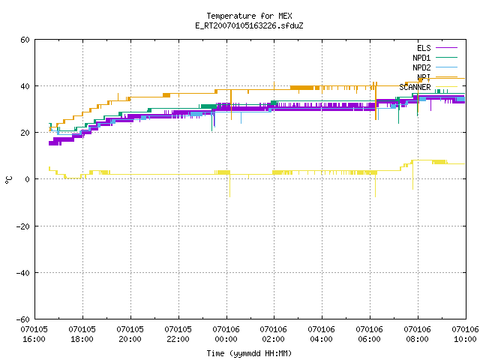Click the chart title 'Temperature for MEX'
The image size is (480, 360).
[249, 16]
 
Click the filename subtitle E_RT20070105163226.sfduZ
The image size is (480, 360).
[249, 25]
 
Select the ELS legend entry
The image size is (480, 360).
[436, 48]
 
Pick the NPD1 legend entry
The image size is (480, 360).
[435, 58]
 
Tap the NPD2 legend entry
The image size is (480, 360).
[435, 67]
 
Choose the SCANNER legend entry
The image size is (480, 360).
[428, 87]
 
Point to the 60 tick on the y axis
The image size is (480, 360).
[25, 40]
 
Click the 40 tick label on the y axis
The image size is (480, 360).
[25, 86]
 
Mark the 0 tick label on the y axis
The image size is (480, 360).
[27, 179]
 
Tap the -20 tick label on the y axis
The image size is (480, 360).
[23, 226]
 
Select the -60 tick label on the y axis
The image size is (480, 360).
[23, 319]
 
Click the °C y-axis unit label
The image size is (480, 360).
[8, 180]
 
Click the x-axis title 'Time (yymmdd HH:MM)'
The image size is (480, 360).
[249, 353]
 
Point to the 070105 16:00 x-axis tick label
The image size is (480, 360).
[34, 334]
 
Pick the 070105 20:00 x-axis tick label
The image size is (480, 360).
[130, 334]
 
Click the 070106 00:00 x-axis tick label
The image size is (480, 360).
[226, 334]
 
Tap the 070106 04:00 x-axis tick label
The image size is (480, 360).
[322, 334]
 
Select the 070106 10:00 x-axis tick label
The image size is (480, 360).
[465, 334]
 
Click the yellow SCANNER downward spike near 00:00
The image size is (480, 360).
[230, 186]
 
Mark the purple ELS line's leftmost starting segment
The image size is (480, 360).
[55, 143]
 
